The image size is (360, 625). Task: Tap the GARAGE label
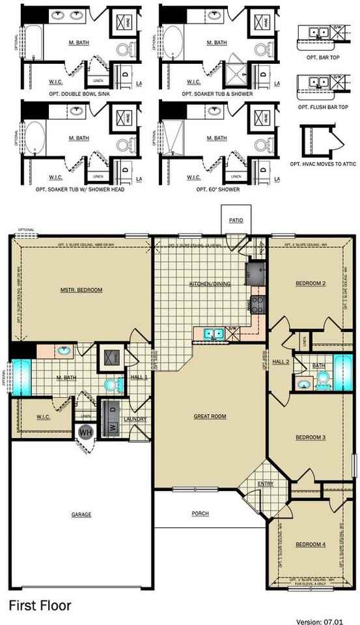coord(81,514)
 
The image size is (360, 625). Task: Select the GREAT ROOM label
coord(210,415)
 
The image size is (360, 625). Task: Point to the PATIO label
coord(236,221)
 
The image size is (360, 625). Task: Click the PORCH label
coord(201,514)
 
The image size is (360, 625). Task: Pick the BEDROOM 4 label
coord(311,544)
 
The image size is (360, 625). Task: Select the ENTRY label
coord(266,484)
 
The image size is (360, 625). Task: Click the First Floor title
coord(40,605)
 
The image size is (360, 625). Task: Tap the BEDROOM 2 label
coord(311,284)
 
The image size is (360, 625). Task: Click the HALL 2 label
coord(281,361)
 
